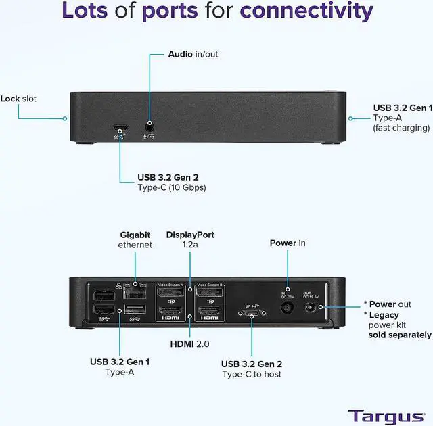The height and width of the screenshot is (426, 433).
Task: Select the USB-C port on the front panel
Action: (x=119, y=128)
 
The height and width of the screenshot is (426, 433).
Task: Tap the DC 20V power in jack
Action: (x=288, y=308)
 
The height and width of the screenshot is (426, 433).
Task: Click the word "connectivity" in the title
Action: (x=306, y=11)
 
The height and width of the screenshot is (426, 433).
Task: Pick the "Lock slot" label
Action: (x=18, y=99)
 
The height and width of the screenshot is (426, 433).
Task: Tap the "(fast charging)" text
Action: (x=401, y=128)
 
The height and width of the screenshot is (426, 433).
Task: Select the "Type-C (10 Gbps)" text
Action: (x=171, y=187)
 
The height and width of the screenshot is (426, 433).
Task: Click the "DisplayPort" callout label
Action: (x=190, y=235)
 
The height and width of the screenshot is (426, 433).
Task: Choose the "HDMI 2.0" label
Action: (x=189, y=344)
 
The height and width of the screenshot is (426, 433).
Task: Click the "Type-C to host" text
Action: (x=251, y=375)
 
